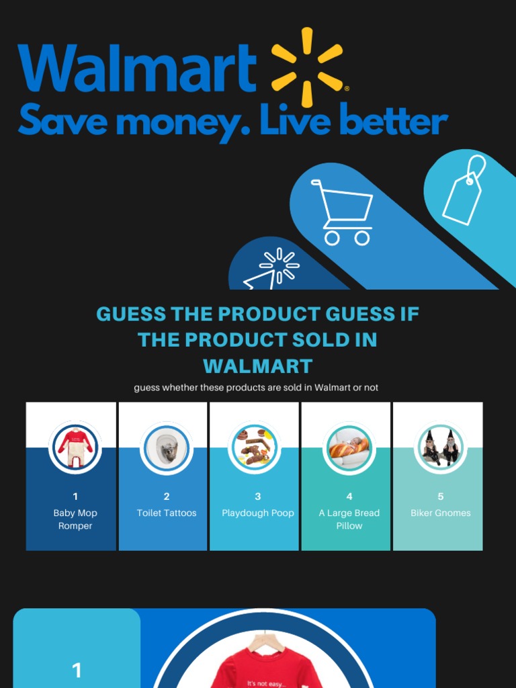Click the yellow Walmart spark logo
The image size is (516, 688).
tap(307, 67)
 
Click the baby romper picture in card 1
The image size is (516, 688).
tap(75, 447)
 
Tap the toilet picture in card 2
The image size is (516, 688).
tap(167, 447)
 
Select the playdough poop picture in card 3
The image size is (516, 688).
tap(254, 447)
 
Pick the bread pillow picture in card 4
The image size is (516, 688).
tap(349, 447)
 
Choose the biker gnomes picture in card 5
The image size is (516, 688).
tap(441, 447)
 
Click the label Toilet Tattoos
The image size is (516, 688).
tap(167, 513)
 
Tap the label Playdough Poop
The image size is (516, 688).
tap(258, 513)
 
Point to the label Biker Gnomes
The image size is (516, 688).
tap(441, 513)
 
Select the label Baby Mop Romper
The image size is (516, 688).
tap(75, 519)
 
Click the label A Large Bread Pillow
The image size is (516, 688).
tap(349, 519)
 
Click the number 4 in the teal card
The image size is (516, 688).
tap(349, 497)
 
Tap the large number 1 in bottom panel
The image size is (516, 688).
tap(77, 670)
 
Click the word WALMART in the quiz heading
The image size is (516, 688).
tap(258, 366)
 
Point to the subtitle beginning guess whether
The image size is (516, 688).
tap(256, 388)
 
